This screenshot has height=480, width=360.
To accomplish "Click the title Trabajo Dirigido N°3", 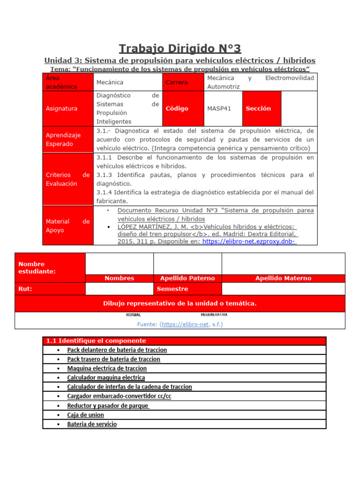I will [x=180, y=48].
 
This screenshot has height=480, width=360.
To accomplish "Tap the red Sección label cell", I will [x=258, y=108].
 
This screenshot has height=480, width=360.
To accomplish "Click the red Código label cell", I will [x=177, y=108].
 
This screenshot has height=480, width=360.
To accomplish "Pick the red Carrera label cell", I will [x=177, y=82].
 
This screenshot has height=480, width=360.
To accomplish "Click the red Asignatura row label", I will [x=61, y=108].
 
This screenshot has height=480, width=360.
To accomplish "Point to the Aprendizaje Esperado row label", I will [x=63, y=139].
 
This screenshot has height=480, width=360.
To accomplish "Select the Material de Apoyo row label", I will [x=67, y=225].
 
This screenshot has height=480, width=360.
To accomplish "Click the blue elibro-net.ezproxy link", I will [x=249, y=241].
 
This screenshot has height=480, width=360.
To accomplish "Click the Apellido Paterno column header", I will [x=187, y=278].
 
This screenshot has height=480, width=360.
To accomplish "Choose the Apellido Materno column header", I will [x=283, y=278].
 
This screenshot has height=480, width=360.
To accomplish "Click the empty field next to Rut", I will [x=119, y=289].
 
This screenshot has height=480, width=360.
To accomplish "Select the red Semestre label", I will [x=172, y=289].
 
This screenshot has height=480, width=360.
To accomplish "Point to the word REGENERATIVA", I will [x=214, y=315].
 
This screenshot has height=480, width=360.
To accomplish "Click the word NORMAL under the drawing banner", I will [x=133, y=315].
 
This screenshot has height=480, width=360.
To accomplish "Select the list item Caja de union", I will [x=85, y=415].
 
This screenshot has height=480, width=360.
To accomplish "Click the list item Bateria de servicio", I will [x=92, y=424].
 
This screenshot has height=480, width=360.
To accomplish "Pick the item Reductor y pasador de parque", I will [x=108, y=405].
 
